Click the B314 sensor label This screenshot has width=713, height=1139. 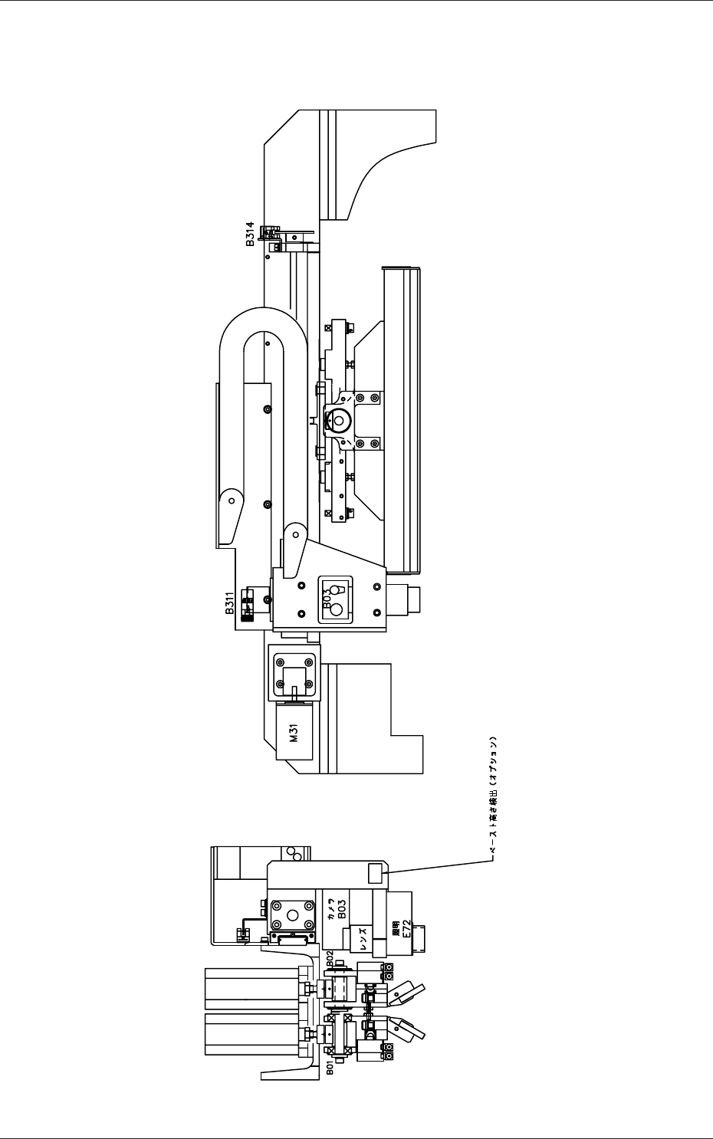tap(250, 234)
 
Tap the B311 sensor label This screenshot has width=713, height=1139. tap(229, 603)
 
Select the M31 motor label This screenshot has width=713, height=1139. tap(294, 734)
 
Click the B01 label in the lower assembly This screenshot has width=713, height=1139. tap(330, 1068)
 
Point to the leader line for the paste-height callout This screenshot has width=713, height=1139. tap(437, 866)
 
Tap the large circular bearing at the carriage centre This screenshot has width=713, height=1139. tap(339, 420)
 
